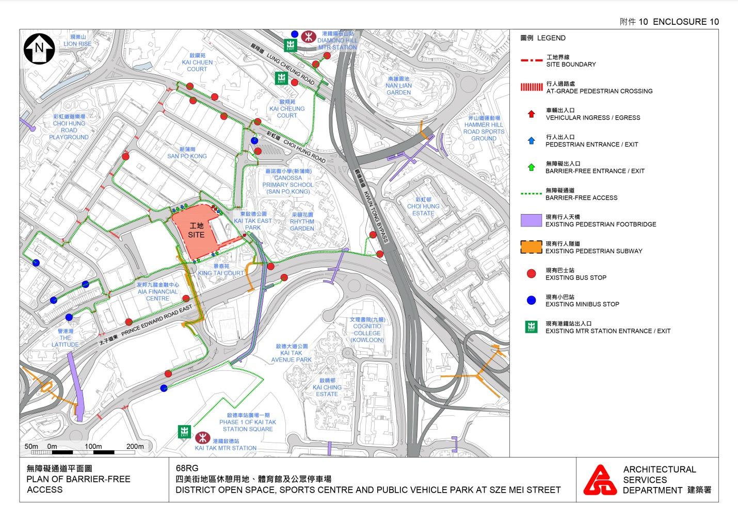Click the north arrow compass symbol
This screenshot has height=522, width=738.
tap(39, 48)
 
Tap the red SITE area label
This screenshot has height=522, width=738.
tap(196, 231)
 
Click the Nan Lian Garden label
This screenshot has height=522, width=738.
tap(398, 86)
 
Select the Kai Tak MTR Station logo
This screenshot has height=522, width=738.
tap(202, 438)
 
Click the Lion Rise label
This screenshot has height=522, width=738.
tap(77, 41)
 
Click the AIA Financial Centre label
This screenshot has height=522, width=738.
tap(157, 291)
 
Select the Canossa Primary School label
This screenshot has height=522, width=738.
tap(288, 181)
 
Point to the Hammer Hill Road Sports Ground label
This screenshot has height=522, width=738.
tap(484, 128)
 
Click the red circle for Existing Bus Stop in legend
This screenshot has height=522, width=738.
tap(531, 273)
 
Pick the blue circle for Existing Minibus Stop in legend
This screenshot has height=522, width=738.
tap(531, 300)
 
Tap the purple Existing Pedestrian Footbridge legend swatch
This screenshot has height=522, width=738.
tap(531, 220)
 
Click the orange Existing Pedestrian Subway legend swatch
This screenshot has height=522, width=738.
tap(531, 247)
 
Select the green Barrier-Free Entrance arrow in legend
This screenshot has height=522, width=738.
tap(531, 167)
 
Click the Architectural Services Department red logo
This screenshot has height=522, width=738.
tap(600, 480)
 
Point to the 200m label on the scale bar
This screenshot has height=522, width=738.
tap(135, 446)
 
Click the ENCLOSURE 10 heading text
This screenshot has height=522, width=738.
tap(685, 22)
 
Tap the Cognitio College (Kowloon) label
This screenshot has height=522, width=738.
tap(367, 330)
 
